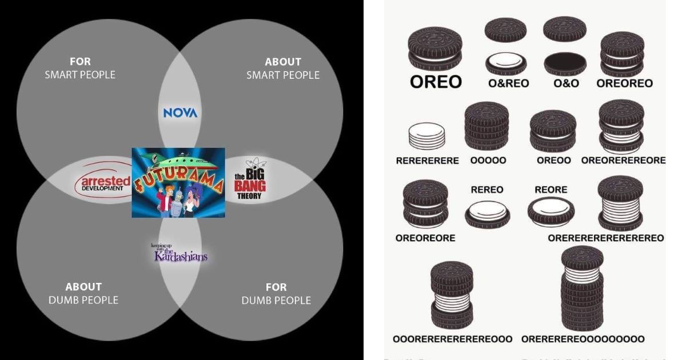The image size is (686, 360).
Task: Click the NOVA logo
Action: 180,113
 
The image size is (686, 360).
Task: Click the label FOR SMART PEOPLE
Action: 80,68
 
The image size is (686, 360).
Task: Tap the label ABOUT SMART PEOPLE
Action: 283,68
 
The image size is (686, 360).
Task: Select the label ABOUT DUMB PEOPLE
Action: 83,293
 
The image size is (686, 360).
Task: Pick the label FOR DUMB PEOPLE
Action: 276,293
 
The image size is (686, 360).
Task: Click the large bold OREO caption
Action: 436,82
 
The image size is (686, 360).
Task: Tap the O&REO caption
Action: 508,83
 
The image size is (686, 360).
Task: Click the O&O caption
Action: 566,83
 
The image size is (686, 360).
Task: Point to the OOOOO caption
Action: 488,161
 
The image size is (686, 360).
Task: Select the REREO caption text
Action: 487,189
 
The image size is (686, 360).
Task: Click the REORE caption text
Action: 551,189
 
